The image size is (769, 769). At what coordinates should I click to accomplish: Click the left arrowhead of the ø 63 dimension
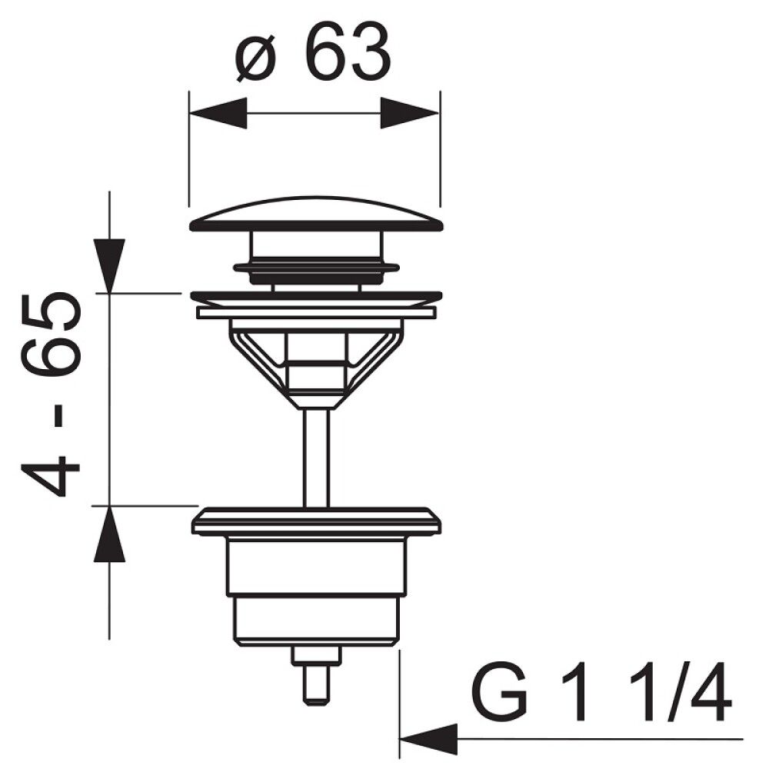(218, 113)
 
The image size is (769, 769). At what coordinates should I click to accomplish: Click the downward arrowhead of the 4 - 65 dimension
(109, 265)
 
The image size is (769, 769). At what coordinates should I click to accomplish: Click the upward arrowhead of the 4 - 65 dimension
(109, 534)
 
